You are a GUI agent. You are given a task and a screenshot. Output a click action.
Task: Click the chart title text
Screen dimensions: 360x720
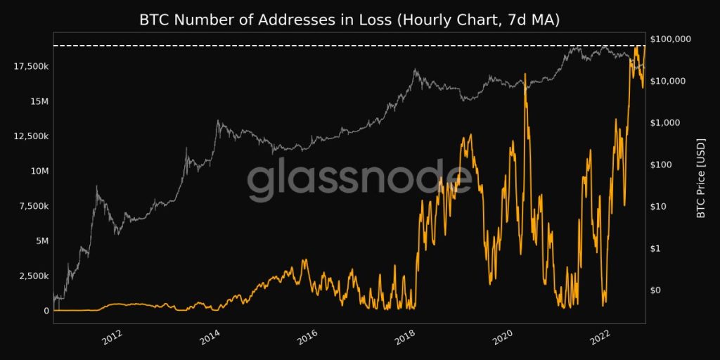coord(349,20)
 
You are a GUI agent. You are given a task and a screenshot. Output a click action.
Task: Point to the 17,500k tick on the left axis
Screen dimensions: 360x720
coord(30,66)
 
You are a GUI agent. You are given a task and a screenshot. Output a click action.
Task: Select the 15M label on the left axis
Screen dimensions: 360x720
coord(39,101)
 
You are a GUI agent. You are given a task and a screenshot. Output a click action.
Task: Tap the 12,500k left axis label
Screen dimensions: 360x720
coord(30,136)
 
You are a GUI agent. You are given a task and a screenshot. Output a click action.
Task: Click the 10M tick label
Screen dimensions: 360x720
coord(39,171)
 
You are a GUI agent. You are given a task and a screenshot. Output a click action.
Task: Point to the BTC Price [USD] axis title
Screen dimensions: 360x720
coord(700,177)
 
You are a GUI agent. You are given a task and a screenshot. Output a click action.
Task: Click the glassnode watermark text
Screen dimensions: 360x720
coord(359,180)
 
